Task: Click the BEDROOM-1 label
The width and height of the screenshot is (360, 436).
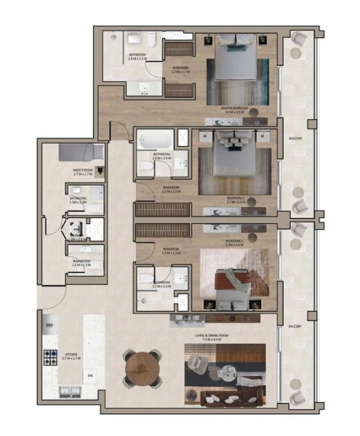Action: coord(236,196)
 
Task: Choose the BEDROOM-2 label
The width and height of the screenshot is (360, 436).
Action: coord(234,240)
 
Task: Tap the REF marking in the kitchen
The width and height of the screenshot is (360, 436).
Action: coord(49,324)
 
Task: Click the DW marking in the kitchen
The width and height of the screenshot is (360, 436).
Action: coord(89,376)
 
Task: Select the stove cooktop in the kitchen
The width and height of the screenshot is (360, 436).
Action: coord(52,357)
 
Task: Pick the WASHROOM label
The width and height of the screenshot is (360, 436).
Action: coord(81,261)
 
